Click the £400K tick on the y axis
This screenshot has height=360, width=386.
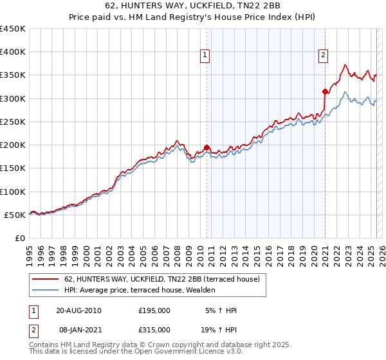point(13,52)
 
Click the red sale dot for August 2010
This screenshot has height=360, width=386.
point(207,147)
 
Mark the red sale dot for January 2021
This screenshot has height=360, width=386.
point(325,91)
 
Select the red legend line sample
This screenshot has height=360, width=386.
point(45,280)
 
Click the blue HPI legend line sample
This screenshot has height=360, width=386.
point(45,290)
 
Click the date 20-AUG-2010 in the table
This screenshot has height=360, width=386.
point(79,310)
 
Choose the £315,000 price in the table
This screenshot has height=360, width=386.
point(154,329)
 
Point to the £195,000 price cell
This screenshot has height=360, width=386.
point(154,310)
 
